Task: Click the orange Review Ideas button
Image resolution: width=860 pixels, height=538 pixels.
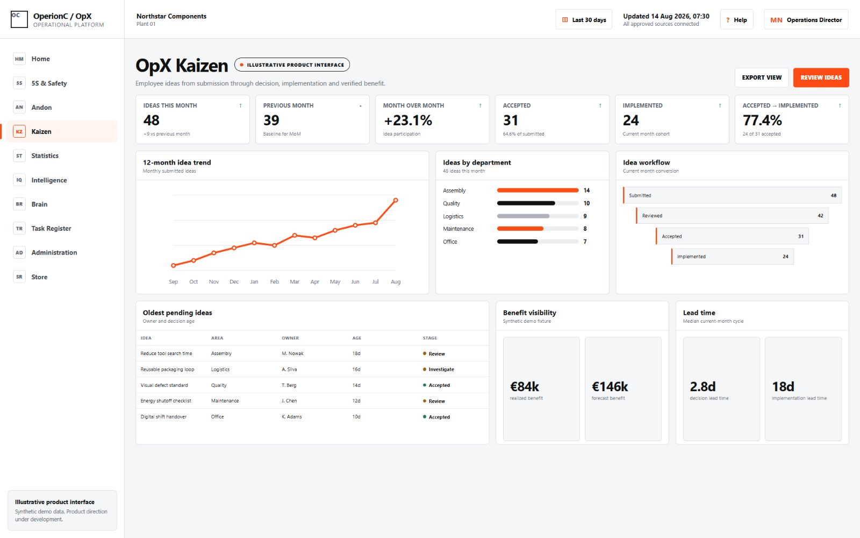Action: tap(821, 77)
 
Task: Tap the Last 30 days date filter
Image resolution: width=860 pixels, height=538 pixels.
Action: tap(584, 19)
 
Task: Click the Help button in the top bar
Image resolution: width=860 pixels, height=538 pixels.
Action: tap(736, 19)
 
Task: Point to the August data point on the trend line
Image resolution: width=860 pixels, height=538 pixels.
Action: tap(396, 200)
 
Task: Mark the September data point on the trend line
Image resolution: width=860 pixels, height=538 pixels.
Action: tap(173, 265)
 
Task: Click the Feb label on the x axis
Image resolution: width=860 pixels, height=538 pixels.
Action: tap(274, 282)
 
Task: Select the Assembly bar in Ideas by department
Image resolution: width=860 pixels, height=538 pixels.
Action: tap(537, 190)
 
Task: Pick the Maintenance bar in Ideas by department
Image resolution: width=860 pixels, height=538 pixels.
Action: tap(520, 229)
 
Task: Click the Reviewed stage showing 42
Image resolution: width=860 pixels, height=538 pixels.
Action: tap(732, 216)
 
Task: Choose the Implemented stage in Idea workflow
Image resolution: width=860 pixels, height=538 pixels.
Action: tap(732, 256)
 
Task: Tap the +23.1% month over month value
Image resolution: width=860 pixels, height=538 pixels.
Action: tap(408, 121)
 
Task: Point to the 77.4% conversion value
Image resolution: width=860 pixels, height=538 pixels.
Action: tap(762, 121)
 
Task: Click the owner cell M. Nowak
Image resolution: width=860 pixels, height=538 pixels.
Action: tap(292, 353)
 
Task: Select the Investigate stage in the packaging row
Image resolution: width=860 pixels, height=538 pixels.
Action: tap(441, 369)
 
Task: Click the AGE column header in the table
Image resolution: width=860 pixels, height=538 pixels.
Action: tap(357, 338)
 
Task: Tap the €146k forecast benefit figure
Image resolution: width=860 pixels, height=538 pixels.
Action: tap(610, 386)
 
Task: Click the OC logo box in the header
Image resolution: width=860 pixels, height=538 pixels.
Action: tap(19, 19)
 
